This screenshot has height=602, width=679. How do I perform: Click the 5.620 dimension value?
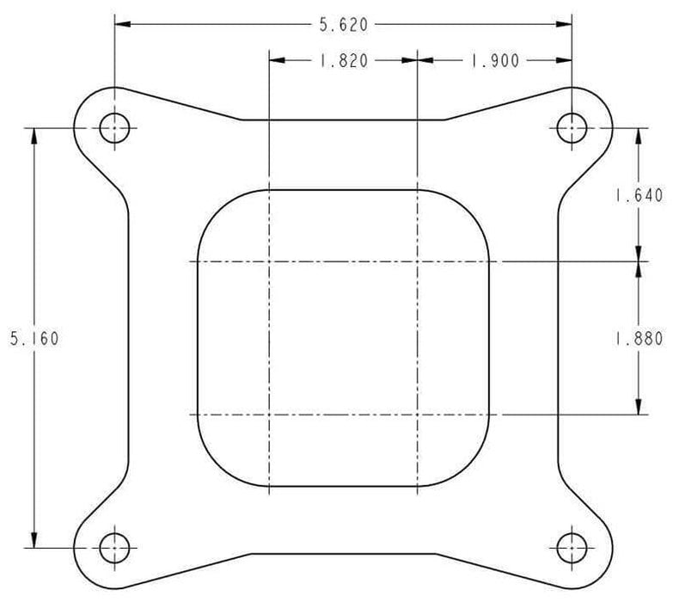point(343,25)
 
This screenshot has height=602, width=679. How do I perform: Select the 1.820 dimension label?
point(343,61)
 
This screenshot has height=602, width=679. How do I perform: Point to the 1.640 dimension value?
point(638,195)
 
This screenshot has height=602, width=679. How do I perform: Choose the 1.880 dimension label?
point(638,338)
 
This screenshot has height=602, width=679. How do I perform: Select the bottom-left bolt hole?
point(114,547)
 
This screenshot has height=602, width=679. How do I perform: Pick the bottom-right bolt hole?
point(572,547)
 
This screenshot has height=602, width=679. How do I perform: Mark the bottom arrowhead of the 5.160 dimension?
point(34,541)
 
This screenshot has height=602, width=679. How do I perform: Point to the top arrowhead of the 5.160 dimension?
point(34,135)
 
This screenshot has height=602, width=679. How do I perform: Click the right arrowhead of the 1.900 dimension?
point(566,61)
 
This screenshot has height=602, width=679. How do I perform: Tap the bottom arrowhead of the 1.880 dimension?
point(638,408)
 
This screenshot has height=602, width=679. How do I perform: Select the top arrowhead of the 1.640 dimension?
point(638,135)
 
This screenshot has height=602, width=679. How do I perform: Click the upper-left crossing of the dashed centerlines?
point(270,261)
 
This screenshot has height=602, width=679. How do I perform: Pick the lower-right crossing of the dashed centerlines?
point(418,415)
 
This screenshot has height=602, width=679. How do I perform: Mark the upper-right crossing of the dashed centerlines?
point(418,261)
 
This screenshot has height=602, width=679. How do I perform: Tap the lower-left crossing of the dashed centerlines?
point(270,415)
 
